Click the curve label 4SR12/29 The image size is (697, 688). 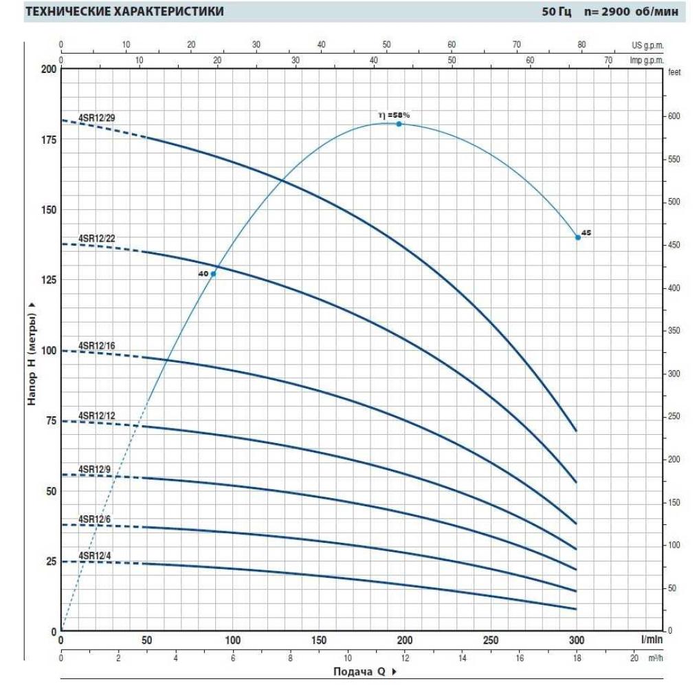97,118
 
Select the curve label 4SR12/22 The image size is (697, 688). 97,239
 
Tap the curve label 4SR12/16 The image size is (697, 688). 97,345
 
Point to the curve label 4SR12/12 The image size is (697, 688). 97,416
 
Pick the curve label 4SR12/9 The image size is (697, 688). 95,469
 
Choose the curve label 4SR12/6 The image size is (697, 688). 95,519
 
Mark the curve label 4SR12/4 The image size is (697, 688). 95,556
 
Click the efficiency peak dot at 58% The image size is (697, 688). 399,124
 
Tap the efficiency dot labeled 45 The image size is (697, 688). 577,237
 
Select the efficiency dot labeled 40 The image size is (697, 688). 213,274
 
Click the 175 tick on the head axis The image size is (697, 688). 47,140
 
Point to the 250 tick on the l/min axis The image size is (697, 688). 490,641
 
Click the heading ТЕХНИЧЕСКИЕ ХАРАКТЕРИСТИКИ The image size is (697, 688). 124,12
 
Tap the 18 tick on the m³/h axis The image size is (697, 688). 576,658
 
